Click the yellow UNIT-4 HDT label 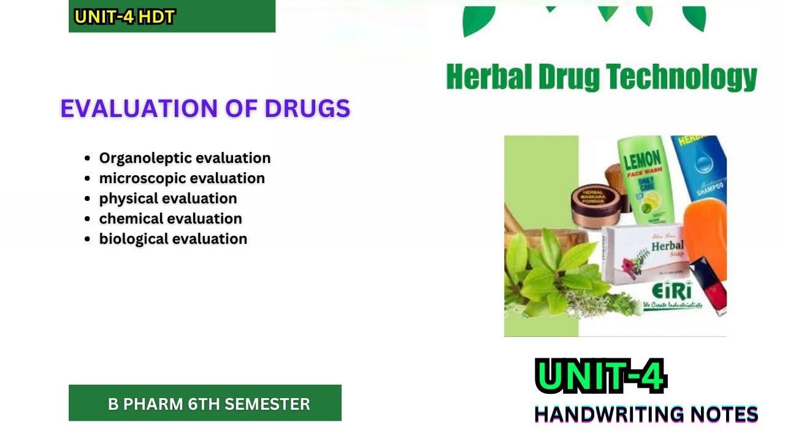click(x=124, y=17)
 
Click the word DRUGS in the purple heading click(x=307, y=109)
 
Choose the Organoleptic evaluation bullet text click(x=185, y=158)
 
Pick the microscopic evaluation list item click(x=182, y=178)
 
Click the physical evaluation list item click(x=168, y=198)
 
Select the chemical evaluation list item click(x=170, y=219)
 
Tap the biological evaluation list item click(x=173, y=239)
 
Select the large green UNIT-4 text click(x=600, y=376)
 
